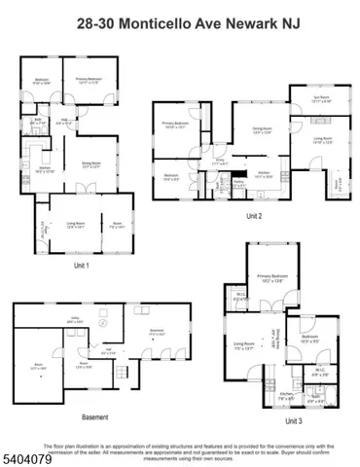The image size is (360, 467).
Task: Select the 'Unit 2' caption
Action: tap(254, 215)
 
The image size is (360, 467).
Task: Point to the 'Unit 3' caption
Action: tap(294, 421)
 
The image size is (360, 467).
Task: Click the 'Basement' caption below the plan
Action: tap(94, 416)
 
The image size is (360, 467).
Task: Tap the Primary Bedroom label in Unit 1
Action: tap(90, 81)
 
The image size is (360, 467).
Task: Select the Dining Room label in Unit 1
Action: tap(91, 163)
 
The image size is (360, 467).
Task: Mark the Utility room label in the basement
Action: tap(72, 319)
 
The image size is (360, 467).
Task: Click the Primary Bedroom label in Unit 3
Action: tap(276, 277)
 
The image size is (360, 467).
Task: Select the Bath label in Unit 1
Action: tap(35, 124)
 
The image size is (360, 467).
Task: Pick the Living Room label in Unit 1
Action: tap(75, 225)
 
